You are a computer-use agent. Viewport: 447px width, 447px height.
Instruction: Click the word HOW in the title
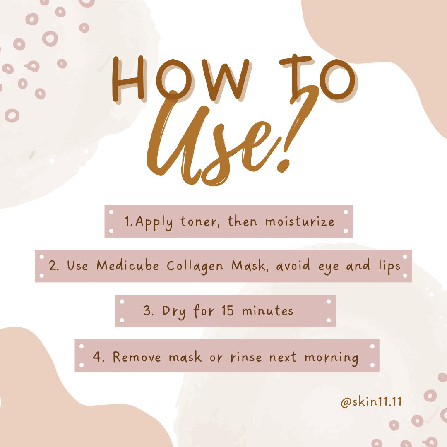(180, 79)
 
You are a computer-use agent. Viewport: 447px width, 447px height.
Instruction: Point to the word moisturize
(300, 221)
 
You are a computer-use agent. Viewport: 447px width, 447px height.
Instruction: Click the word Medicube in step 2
(127, 265)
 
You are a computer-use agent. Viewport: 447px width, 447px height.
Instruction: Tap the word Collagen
(195, 267)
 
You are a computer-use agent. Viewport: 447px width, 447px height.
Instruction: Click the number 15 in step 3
(228, 310)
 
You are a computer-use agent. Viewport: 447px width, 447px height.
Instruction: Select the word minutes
(267, 310)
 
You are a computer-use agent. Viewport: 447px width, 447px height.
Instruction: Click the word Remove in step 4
(137, 357)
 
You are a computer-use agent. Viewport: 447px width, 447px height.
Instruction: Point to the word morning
(331, 358)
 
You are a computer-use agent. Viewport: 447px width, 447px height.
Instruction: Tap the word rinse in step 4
(246, 357)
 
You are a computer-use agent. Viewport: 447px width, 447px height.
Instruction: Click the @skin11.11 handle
(371, 402)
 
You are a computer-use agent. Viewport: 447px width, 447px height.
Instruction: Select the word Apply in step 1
(154, 222)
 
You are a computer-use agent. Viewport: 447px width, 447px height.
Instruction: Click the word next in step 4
(283, 357)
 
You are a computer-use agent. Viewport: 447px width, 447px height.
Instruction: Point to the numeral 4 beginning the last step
(96, 357)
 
